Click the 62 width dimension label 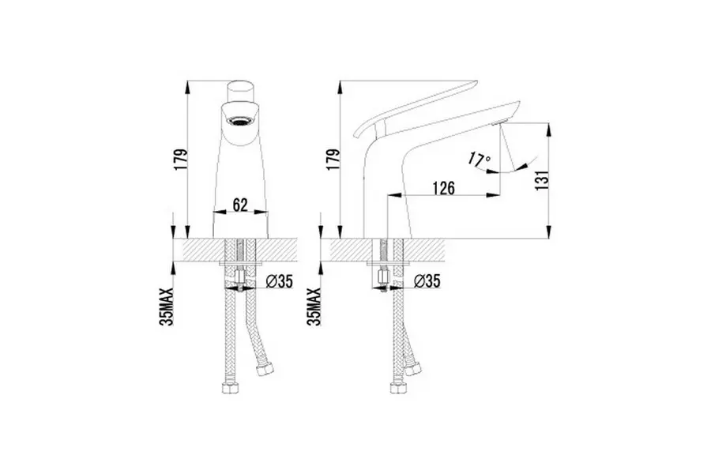[240, 205]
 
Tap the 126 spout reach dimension [443, 188]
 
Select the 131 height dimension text [543, 179]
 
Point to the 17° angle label [480, 160]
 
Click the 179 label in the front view [180, 160]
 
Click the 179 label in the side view [333, 160]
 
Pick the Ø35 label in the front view [280, 282]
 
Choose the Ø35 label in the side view [427, 281]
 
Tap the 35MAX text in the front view [167, 307]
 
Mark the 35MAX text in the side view [314, 307]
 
